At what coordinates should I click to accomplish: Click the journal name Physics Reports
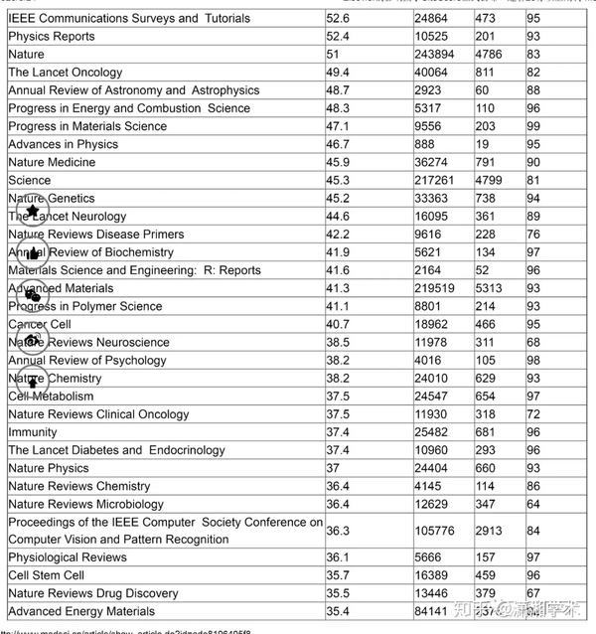click(x=52, y=37)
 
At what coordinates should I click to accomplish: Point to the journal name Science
click(x=29, y=181)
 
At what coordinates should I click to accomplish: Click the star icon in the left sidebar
click(x=32, y=211)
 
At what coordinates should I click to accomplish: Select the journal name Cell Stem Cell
click(x=46, y=575)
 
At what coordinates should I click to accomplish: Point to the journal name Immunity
click(x=33, y=432)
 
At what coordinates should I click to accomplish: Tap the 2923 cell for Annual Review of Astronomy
click(x=431, y=90)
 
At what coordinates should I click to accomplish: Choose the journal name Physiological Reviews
click(x=68, y=557)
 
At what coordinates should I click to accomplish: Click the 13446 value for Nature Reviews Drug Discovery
click(x=435, y=593)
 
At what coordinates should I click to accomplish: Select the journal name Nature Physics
click(x=49, y=468)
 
